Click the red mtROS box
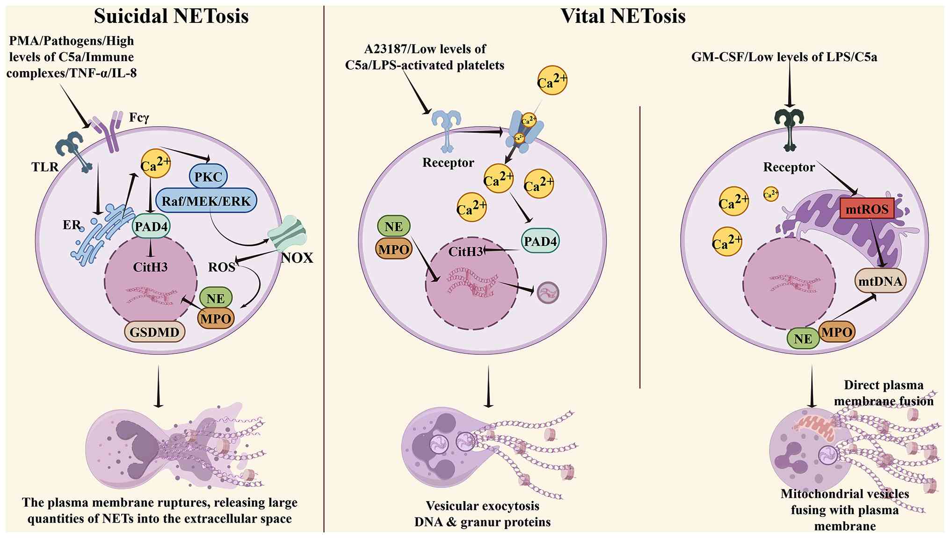(867, 208)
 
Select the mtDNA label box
(880, 280)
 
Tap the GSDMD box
(154, 332)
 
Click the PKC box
(208, 177)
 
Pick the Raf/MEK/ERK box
(206, 201)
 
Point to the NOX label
(297, 258)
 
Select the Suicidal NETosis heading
(171, 16)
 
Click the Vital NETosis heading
(623, 16)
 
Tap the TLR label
(45, 167)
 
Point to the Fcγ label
(139, 117)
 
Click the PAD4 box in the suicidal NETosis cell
(151, 227)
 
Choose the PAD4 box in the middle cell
(540, 241)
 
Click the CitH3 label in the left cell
(150, 267)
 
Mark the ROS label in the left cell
(221, 267)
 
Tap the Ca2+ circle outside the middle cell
(552, 80)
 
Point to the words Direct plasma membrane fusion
(884, 393)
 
